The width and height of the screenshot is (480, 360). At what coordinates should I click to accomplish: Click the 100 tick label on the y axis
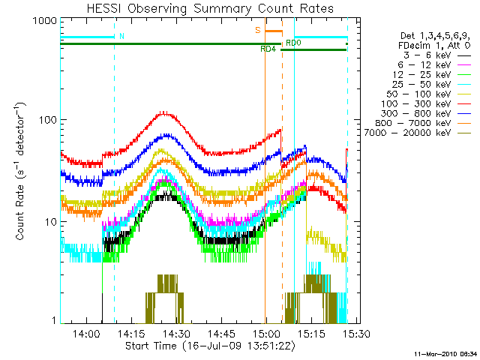click(x=44, y=120)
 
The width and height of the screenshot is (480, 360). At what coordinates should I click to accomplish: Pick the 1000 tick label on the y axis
click(x=41, y=21)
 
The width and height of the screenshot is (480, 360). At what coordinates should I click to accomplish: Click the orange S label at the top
click(x=257, y=31)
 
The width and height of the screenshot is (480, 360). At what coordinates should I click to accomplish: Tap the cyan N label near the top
click(x=121, y=36)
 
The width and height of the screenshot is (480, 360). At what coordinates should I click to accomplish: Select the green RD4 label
click(x=268, y=49)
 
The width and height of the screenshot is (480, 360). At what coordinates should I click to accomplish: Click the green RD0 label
click(x=293, y=43)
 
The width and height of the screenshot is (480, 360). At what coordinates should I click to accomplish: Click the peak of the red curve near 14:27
click(x=166, y=112)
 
